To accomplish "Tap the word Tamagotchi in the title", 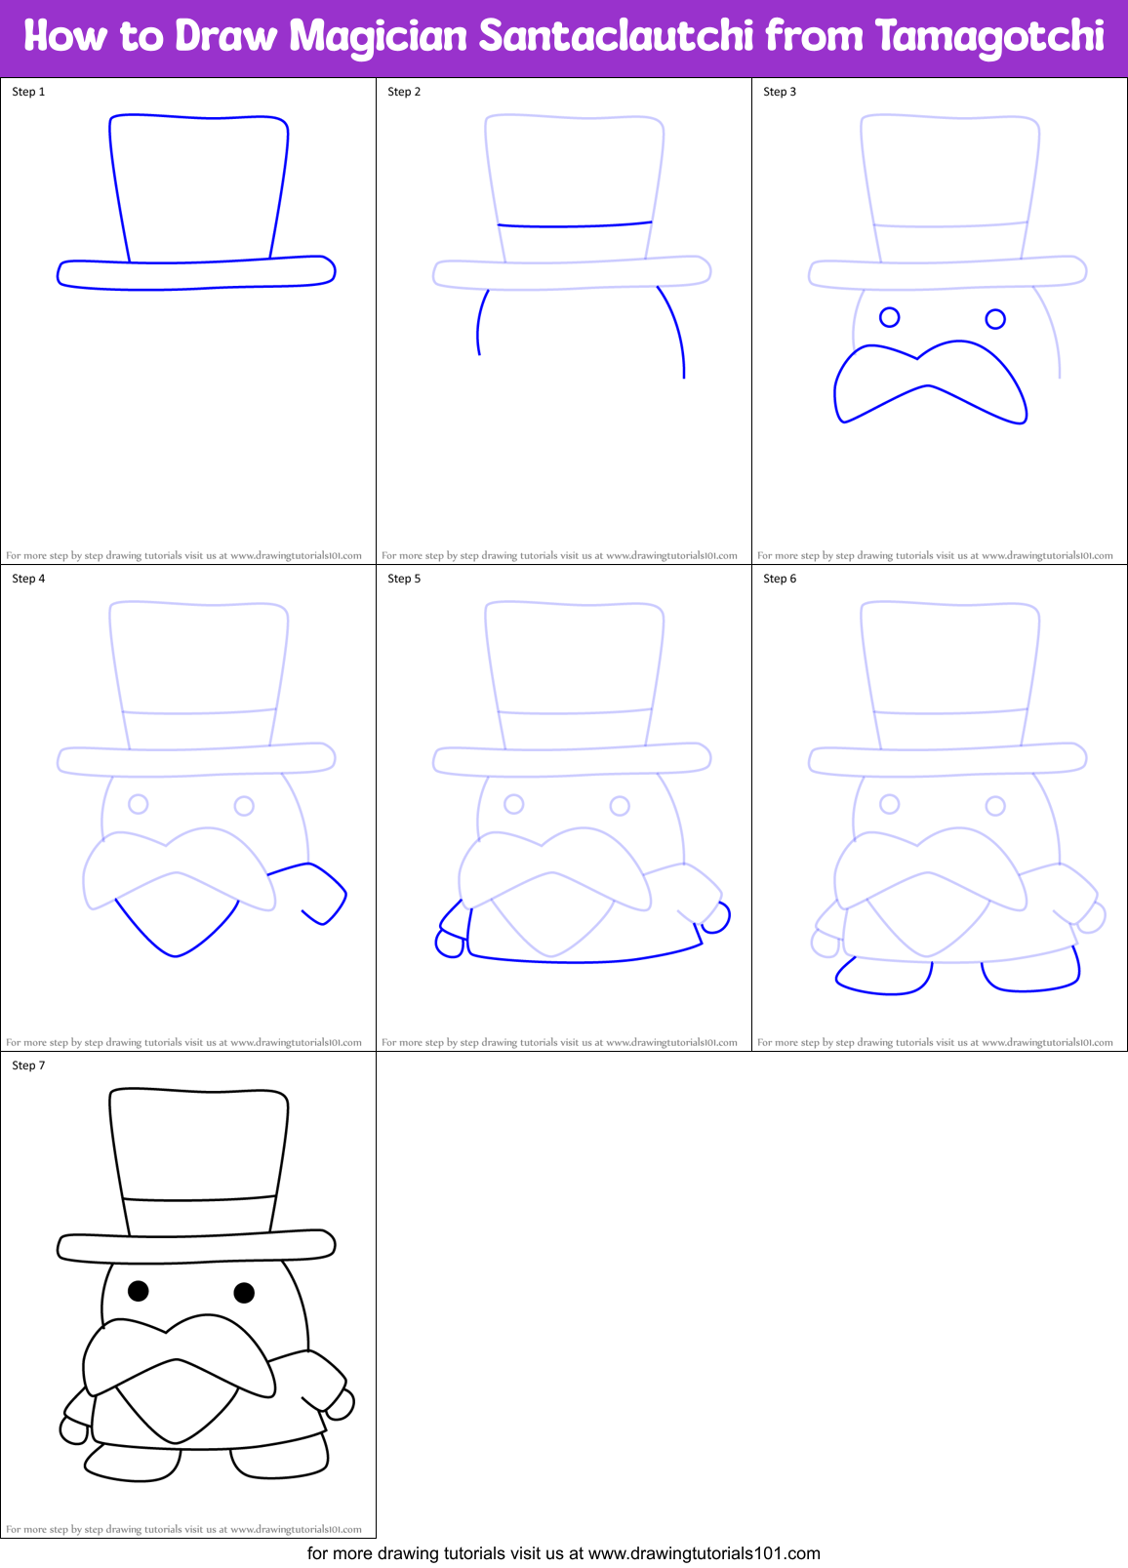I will coord(990,37).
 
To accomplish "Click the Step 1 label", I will coord(28,92).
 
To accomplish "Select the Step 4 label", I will coord(28,579).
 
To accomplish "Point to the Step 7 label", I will coord(28,1065).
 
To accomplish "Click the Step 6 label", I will coord(780,579).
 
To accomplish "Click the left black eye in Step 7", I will coord(139,1291).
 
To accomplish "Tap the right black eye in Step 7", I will coord(244,1293).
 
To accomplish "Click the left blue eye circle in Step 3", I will coord(889,317).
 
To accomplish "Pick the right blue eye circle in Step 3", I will coord(995,319).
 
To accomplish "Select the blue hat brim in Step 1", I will coord(195,274).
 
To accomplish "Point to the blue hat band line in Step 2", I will coord(574,225).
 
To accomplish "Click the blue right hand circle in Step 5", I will coord(717,918).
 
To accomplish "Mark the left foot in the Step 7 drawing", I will coord(133,1464).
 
